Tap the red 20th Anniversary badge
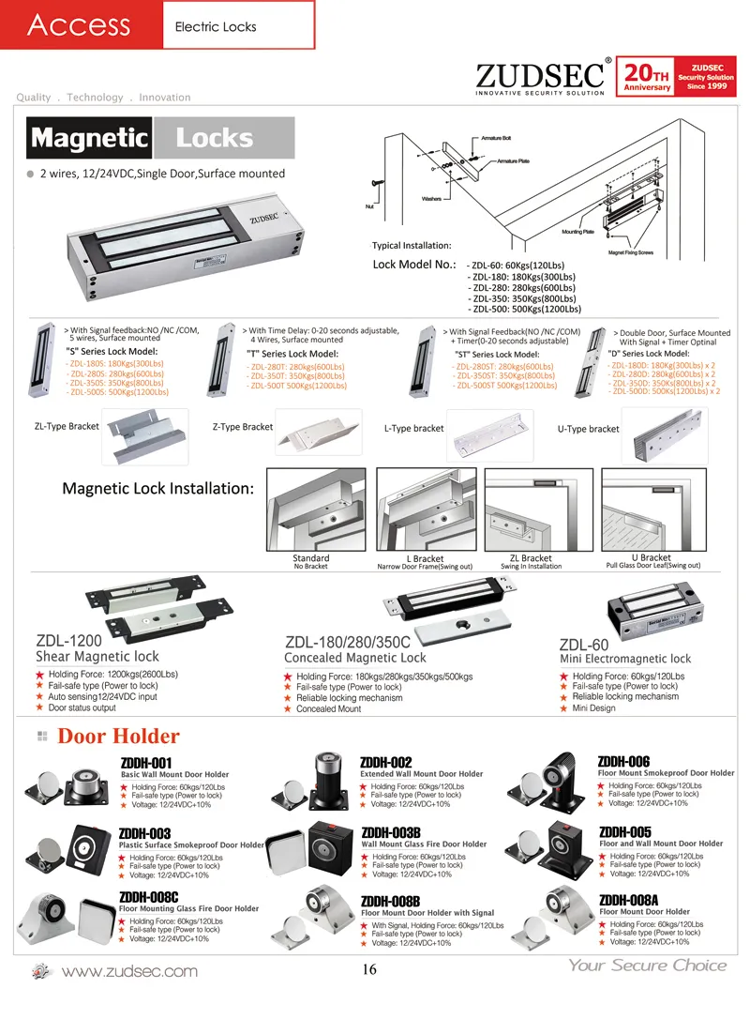tap(648, 76)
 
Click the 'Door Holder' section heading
tap(118, 736)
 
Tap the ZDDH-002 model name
tap(387, 762)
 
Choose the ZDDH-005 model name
tap(624, 831)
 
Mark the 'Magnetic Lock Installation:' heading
tap(157, 489)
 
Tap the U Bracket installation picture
tap(652, 510)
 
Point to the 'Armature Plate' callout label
tap(512, 161)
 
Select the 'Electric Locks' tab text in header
tap(216, 26)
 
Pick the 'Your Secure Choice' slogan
tap(647, 966)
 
